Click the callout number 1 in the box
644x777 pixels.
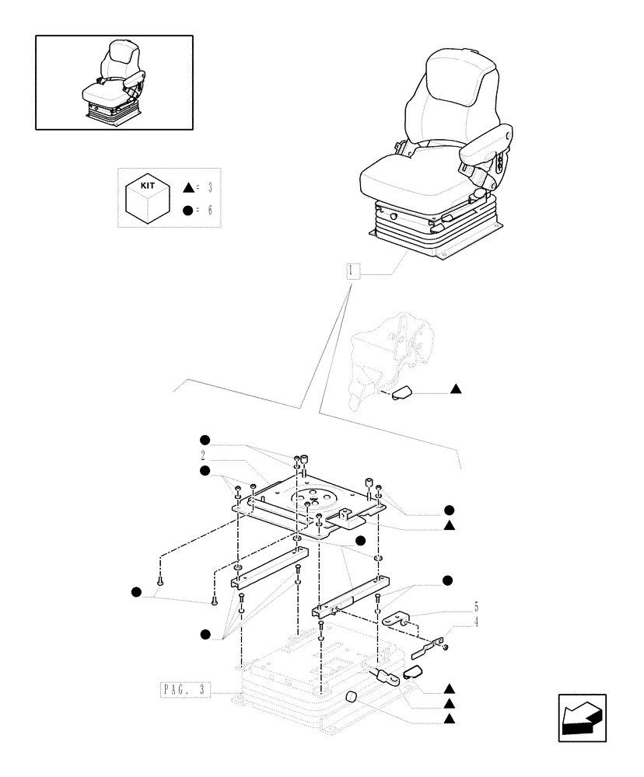(352, 271)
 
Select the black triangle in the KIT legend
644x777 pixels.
(187, 188)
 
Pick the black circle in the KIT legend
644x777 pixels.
(187, 211)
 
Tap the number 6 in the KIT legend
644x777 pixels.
(209, 211)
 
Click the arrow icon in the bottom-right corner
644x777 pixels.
(582, 717)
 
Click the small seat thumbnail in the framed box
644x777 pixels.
(114, 82)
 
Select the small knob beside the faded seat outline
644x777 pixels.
(403, 394)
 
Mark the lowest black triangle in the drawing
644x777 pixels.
(450, 720)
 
